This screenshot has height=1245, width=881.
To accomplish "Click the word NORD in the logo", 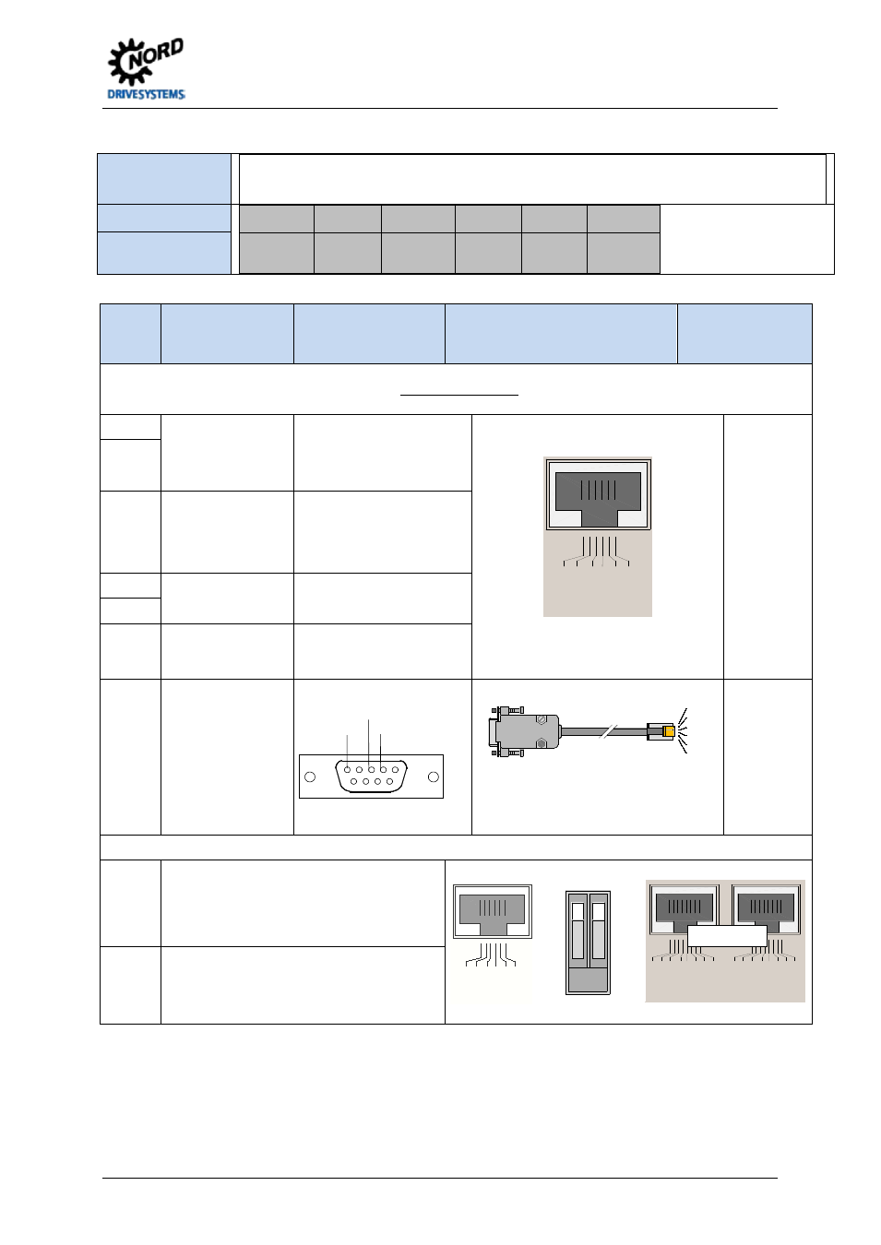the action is (x=156, y=54).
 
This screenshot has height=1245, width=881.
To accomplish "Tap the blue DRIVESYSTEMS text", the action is (x=146, y=94).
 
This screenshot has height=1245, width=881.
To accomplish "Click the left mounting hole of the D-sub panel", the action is (x=310, y=777).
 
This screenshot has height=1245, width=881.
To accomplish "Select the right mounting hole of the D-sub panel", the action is (x=433, y=777).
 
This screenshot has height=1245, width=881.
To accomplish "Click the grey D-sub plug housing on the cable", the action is (x=524, y=731).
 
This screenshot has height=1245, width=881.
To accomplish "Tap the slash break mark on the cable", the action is (x=608, y=731).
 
